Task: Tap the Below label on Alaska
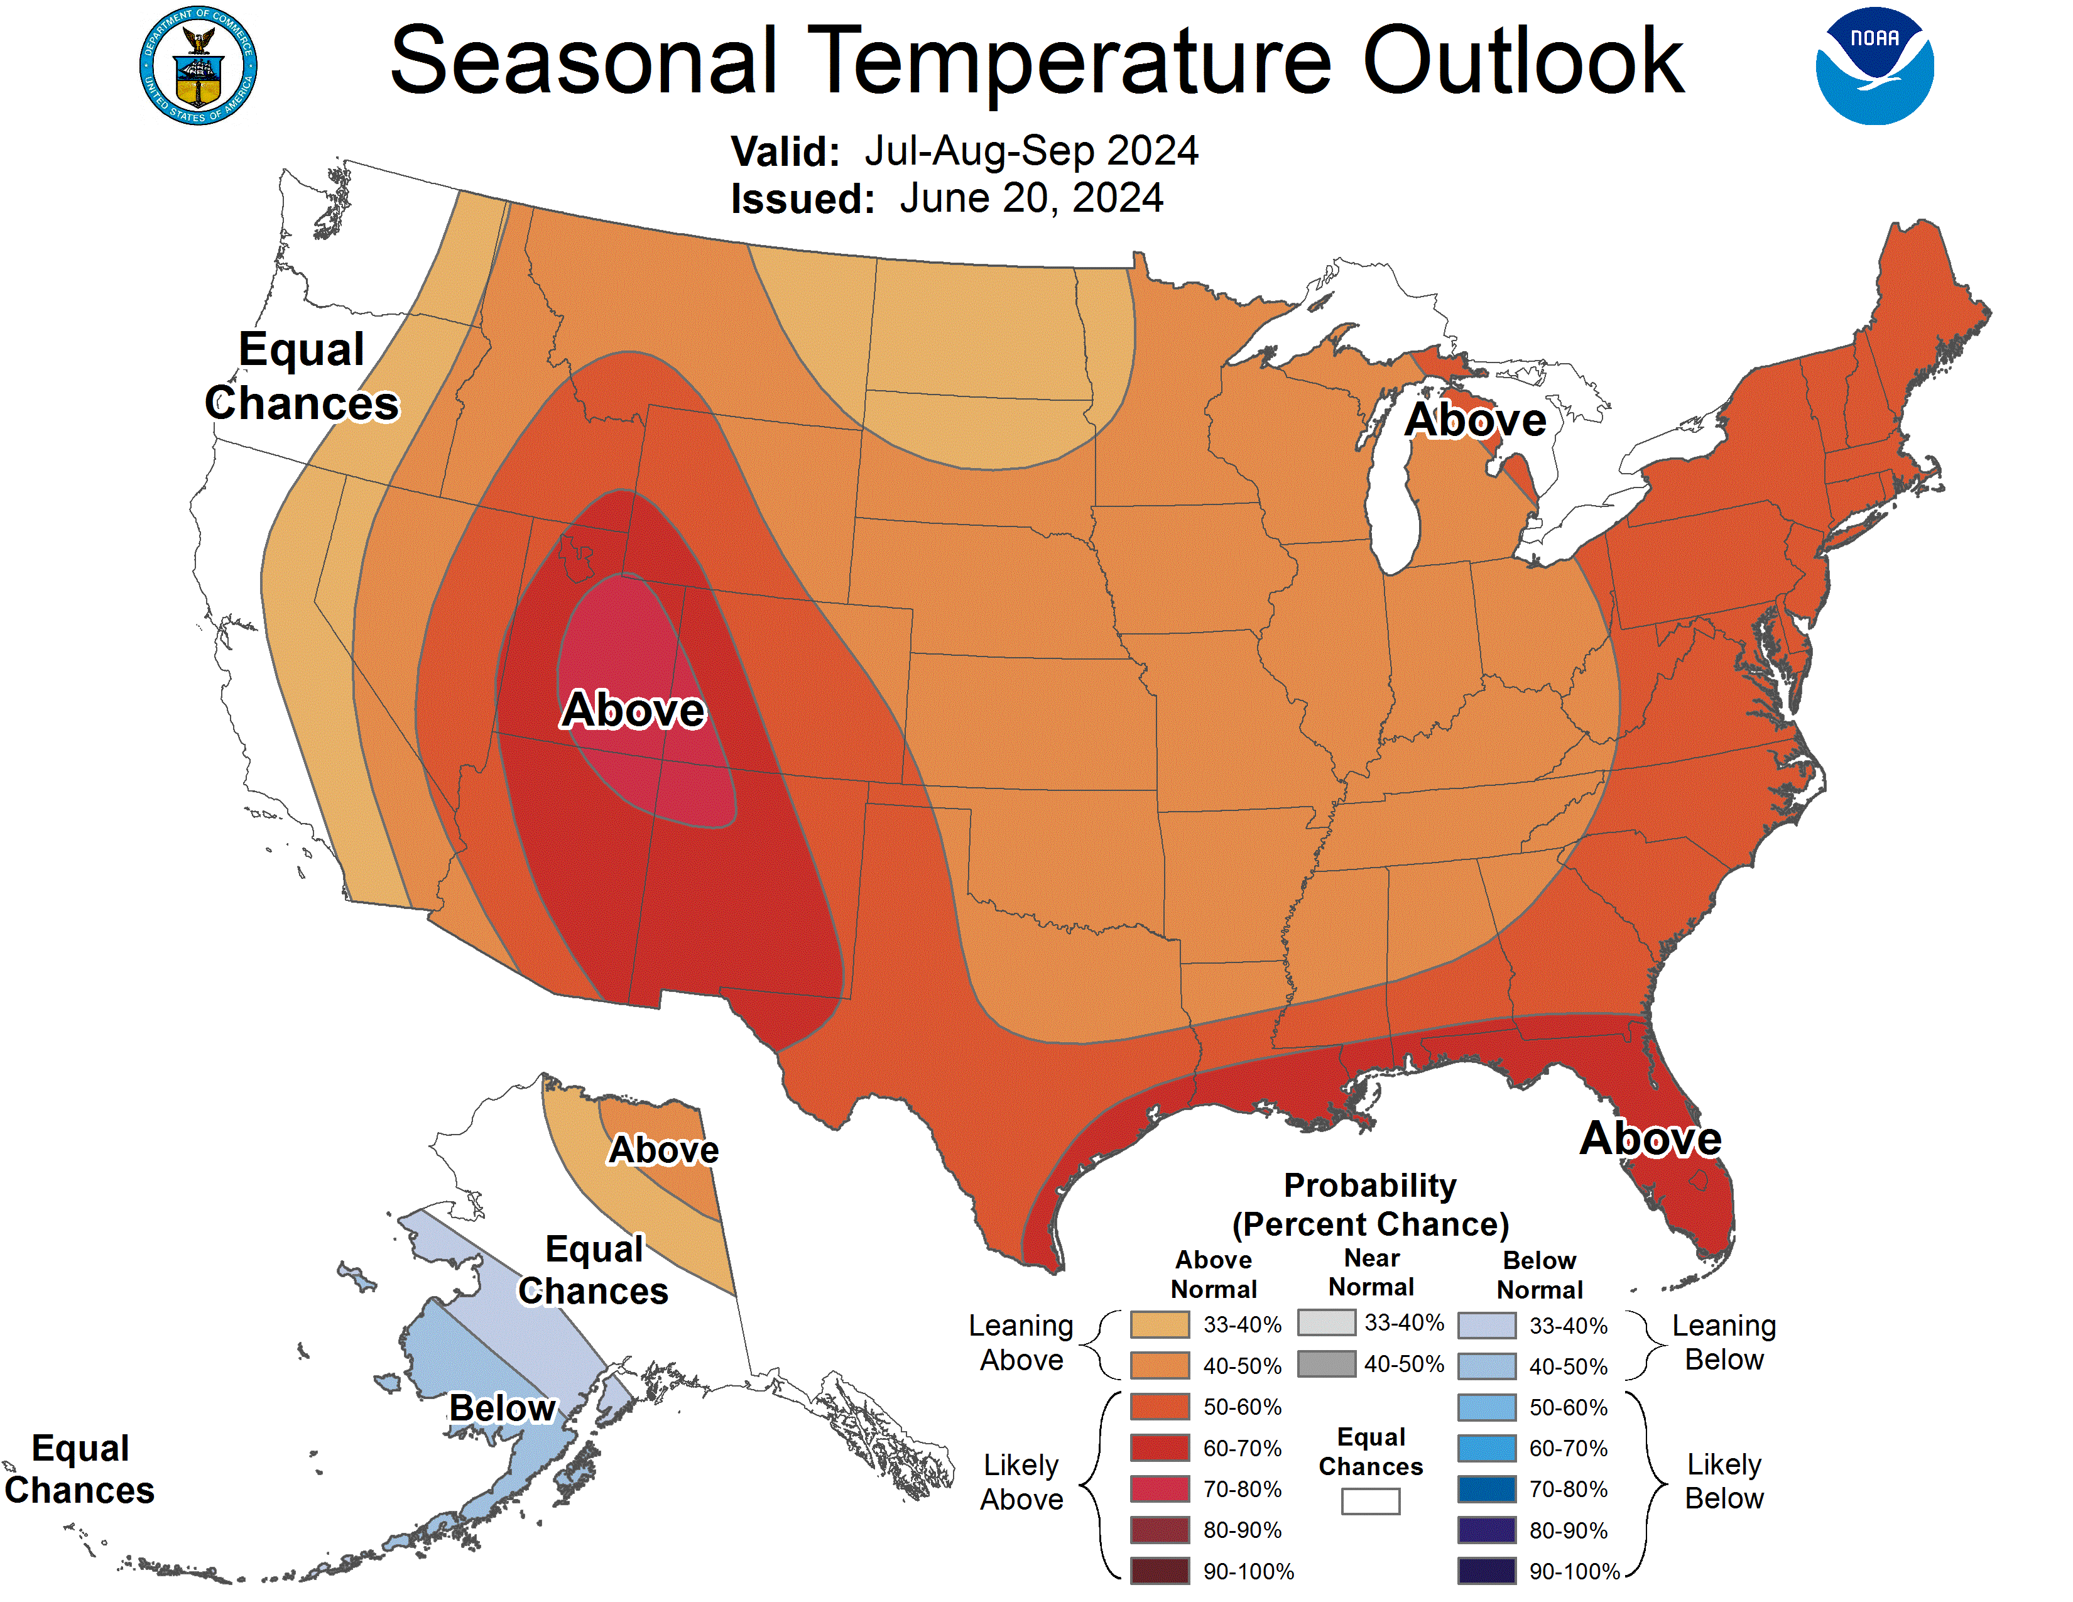(x=501, y=1407)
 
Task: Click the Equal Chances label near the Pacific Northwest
(x=302, y=376)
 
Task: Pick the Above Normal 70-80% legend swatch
(x=1159, y=1489)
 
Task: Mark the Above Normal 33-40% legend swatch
(x=1159, y=1324)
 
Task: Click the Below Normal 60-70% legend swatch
(x=1486, y=1448)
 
